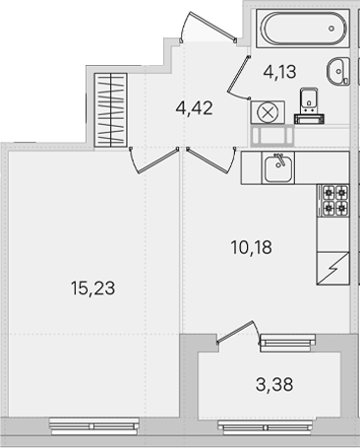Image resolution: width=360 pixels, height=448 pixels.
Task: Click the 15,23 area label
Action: pyautogui.click(x=92, y=288)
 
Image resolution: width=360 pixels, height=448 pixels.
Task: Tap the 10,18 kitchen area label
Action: pyautogui.click(x=251, y=247)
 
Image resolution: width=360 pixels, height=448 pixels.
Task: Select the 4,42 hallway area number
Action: pyautogui.click(x=194, y=107)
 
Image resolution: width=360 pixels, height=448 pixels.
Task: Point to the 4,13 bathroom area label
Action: pyautogui.click(x=279, y=72)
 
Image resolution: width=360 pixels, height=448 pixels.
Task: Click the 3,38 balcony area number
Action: pyautogui.click(x=274, y=384)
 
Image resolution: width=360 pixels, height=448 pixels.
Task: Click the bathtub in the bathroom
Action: pyautogui.click(x=303, y=29)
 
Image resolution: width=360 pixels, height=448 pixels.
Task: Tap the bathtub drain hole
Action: pyautogui.click(x=331, y=29)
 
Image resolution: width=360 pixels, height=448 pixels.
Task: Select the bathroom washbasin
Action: pyautogui.click(x=338, y=71)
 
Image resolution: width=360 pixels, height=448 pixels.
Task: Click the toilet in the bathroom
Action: pyautogui.click(x=309, y=105)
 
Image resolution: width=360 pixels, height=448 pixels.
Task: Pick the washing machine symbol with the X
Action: pyautogui.click(x=268, y=112)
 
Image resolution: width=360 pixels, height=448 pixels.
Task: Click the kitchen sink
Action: pyautogui.click(x=278, y=167)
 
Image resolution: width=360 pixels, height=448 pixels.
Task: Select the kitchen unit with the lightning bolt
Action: pyautogui.click(x=332, y=268)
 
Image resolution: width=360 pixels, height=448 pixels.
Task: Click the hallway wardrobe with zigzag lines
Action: pyautogui.click(x=110, y=110)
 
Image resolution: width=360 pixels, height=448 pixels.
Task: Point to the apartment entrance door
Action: pyautogui.click(x=208, y=27)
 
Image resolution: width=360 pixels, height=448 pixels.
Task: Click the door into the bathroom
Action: pyautogui.click(x=239, y=78)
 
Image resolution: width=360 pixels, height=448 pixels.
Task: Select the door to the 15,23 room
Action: pyautogui.click(x=154, y=160)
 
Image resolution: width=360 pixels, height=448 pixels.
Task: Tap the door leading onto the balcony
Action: pyautogui.click(x=238, y=332)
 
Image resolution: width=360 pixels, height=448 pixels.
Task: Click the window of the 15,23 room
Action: pyautogui.click(x=94, y=426)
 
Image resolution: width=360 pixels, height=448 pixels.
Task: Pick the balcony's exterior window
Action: pyautogui.click(x=267, y=427)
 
